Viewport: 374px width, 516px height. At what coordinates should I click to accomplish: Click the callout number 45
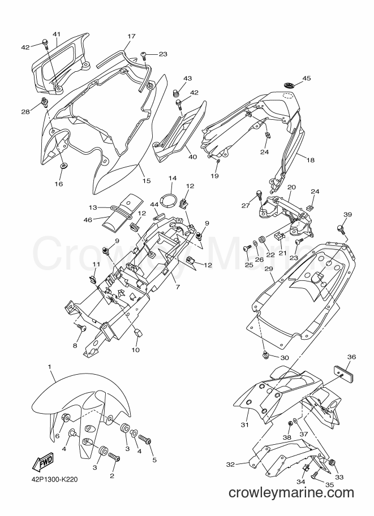307,79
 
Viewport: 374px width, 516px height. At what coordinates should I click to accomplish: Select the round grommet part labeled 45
289,85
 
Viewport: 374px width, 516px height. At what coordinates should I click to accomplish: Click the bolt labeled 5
145,439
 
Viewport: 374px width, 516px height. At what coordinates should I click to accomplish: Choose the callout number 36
351,357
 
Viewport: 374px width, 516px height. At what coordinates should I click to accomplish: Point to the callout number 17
131,36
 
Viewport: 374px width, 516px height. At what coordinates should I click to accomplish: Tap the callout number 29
269,269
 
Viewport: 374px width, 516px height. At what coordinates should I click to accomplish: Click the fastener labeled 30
265,355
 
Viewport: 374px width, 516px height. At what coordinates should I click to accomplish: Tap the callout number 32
231,465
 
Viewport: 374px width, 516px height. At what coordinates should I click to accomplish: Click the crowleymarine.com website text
291,493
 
